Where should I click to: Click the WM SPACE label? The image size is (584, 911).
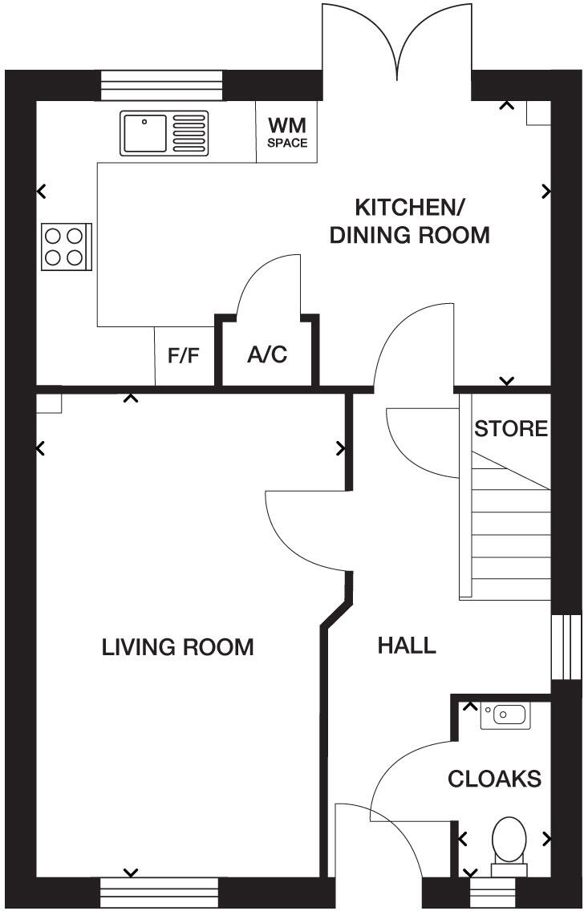[x=287, y=132]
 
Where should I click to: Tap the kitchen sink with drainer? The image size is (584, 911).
[x=164, y=132]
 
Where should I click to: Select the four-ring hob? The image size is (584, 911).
[x=65, y=247]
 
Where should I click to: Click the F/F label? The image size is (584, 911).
[x=184, y=356]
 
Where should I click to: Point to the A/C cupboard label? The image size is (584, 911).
[x=267, y=355]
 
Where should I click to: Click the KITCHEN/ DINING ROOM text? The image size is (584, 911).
[x=410, y=221]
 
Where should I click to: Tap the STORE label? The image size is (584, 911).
[x=511, y=428]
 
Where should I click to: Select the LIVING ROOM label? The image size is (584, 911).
[x=177, y=647]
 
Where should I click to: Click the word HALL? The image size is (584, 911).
[x=407, y=645]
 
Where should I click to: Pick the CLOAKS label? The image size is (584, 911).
[x=494, y=779]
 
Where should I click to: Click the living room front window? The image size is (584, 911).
[x=159, y=892]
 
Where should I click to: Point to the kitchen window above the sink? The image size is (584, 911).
[x=160, y=85]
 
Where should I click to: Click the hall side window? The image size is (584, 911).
[x=566, y=648]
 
